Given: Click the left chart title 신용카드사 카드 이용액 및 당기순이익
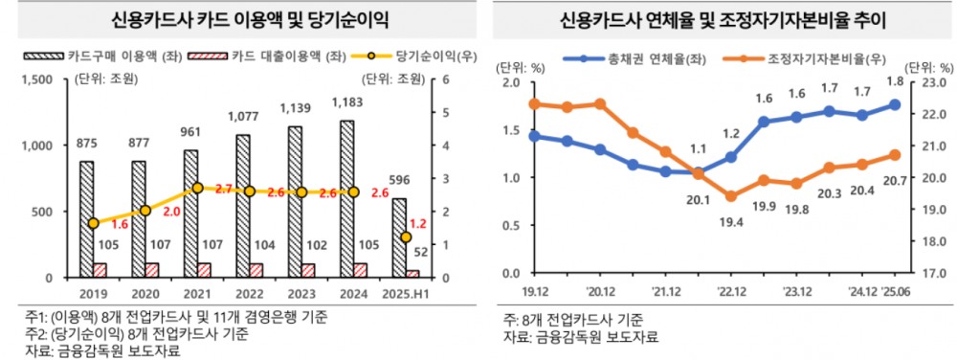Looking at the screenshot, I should pos(236,18).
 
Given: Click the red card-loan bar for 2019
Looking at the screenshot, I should pos(100,270).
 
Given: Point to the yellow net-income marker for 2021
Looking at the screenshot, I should pos(197,189).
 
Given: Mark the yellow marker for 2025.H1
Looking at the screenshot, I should pos(406,236).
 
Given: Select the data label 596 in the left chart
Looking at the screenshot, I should pos(398,181).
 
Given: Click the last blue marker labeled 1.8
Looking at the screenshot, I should pos(895,104).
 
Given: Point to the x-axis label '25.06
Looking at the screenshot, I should pos(895,292).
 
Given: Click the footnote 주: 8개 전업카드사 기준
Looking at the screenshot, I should pos(572,320).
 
